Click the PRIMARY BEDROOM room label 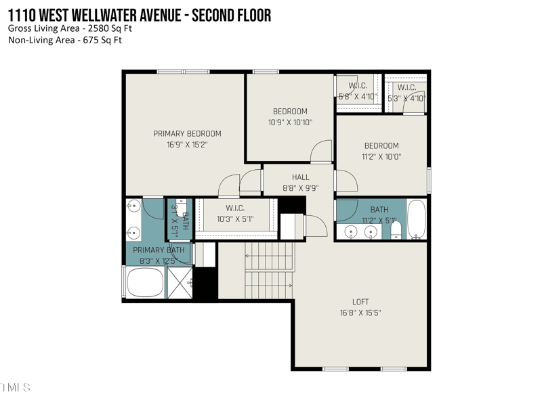tap(187, 133)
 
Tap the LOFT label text tap(360, 302)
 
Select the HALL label tap(300, 177)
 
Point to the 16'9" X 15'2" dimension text tap(187, 144)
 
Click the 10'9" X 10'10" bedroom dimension tap(290, 122)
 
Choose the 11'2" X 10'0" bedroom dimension tap(381, 156)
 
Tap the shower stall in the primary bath tap(180, 283)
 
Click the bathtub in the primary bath tap(145, 283)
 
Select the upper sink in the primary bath tap(133, 206)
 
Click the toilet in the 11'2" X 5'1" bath tap(396, 230)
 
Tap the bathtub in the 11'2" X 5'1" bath tap(416, 219)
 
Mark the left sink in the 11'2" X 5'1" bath tap(352, 232)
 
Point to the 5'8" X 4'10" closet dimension tap(357, 97)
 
